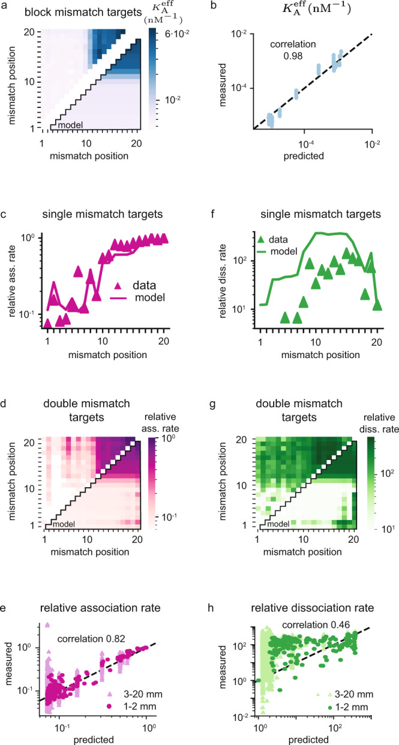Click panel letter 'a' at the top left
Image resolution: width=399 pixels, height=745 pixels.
5,5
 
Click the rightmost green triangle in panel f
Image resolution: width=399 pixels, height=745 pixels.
377,305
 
